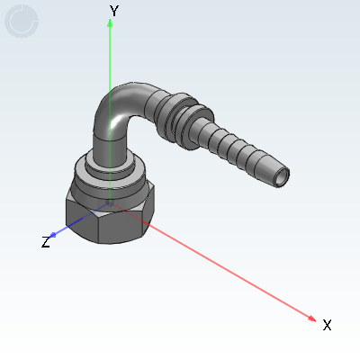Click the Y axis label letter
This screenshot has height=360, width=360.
click(113, 11)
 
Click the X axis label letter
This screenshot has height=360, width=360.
click(327, 324)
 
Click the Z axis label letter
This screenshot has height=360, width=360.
click(46, 242)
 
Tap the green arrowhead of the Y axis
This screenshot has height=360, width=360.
click(110, 23)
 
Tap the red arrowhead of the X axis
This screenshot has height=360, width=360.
click(311, 318)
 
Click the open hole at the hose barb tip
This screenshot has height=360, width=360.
click(284, 175)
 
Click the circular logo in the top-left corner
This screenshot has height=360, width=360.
click(22, 22)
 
